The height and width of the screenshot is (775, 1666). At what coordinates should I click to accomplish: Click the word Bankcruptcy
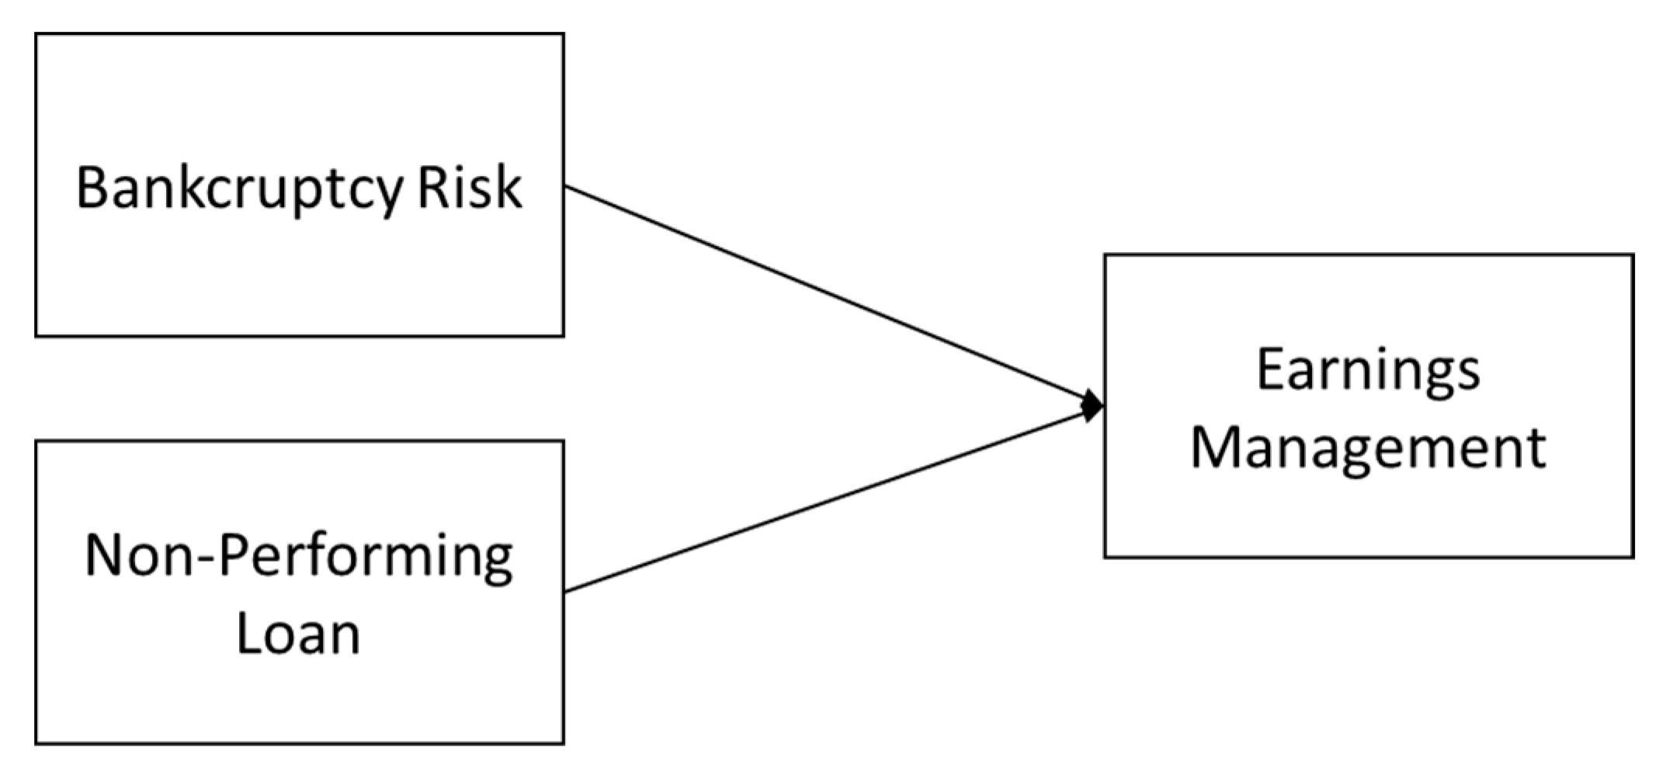click(x=239, y=189)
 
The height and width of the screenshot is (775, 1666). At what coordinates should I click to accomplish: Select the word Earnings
click(x=1368, y=371)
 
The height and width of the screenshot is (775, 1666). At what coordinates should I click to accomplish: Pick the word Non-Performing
click(x=299, y=557)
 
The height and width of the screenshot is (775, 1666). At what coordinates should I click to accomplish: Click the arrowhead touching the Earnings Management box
click(x=1093, y=405)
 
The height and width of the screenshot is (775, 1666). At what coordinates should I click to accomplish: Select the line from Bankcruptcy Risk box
click(x=823, y=295)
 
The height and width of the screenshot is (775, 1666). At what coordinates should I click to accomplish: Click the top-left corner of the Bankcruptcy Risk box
click(x=36, y=34)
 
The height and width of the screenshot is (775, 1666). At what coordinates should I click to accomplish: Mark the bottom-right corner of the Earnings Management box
click(x=1633, y=556)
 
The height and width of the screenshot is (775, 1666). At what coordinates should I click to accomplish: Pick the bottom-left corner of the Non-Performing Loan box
click(x=36, y=743)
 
